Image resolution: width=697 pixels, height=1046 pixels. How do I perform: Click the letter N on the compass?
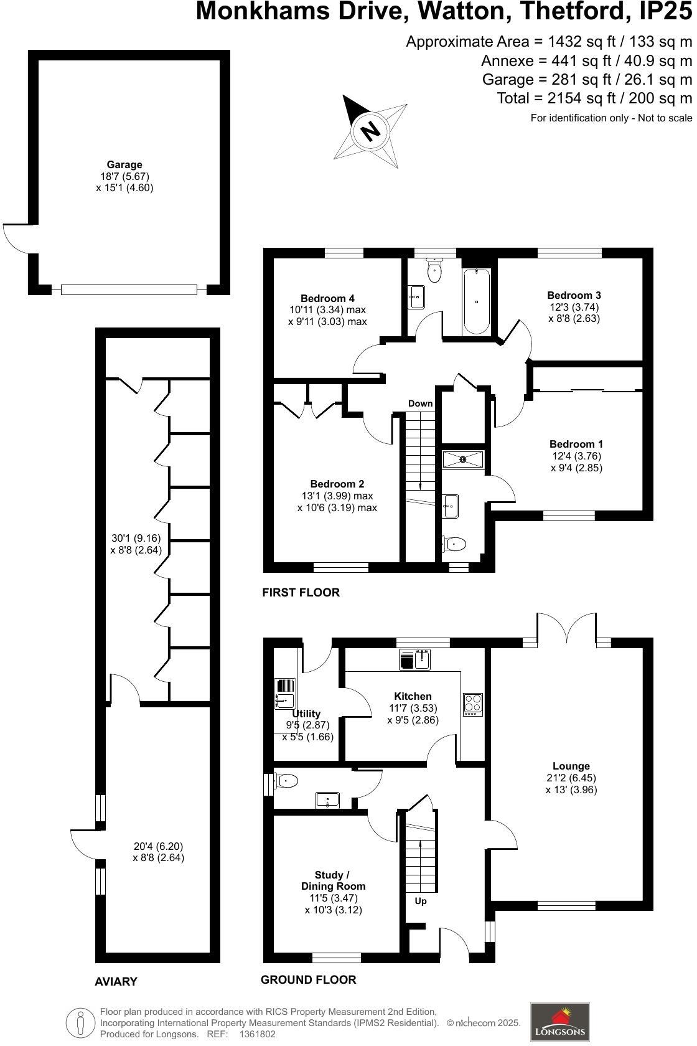click(x=370, y=131)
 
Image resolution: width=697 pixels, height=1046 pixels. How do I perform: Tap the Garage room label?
click(x=124, y=165)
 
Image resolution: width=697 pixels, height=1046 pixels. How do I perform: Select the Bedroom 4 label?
click(x=327, y=298)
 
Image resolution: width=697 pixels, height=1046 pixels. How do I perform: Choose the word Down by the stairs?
click(x=420, y=403)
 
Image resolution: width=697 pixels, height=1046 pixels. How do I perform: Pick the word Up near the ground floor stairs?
click(x=421, y=901)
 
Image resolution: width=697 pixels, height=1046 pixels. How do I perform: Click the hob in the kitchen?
click(x=473, y=705)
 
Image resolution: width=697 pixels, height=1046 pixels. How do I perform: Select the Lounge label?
click(x=571, y=766)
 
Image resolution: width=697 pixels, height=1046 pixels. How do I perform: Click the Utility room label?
click(x=306, y=714)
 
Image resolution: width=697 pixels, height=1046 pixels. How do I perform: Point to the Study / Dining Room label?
click(x=333, y=880)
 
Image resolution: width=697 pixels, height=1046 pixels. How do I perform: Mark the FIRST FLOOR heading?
click(x=301, y=592)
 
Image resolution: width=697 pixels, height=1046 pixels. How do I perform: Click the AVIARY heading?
click(x=116, y=981)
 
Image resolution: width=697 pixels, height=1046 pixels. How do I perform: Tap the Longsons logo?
click(x=559, y=1021)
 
